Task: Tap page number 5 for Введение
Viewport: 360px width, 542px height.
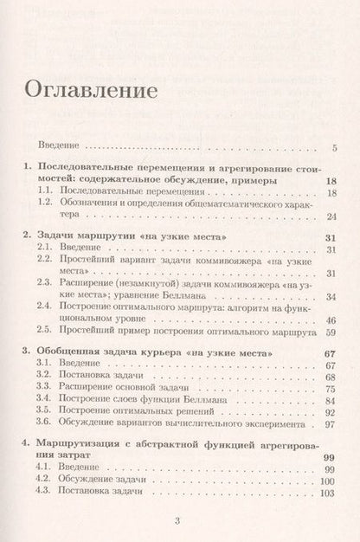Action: point(334,147)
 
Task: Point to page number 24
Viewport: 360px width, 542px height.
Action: point(331,216)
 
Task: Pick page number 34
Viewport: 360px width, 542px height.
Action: point(331,297)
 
